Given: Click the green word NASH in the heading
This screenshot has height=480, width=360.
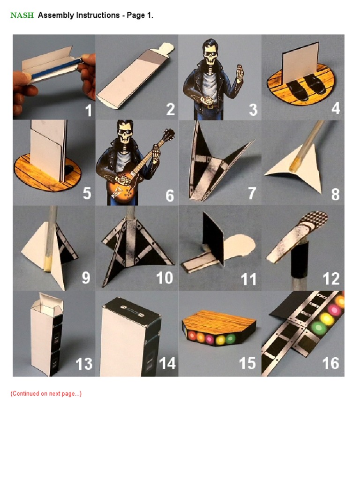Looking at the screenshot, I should (x=22, y=15).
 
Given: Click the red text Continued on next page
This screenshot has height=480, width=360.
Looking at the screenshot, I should (x=46, y=394).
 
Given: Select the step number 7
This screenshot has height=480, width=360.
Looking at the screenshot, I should (x=252, y=193).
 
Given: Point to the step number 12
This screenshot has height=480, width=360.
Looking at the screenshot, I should (x=331, y=278).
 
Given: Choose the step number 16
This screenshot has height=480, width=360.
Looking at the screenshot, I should (x=331, y=363).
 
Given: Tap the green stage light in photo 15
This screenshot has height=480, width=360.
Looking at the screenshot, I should (x=230, y=337).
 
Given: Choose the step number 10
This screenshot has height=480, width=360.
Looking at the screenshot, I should (x=165, y=278).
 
